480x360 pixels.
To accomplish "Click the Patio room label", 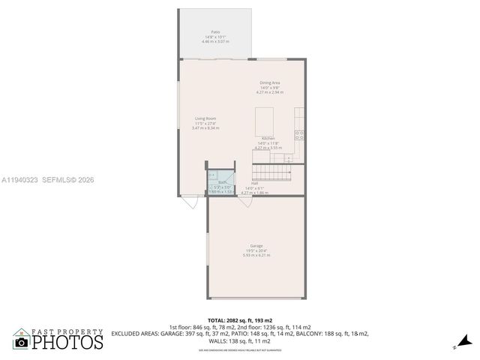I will pos(215,32).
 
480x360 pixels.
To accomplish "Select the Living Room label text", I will pos(205,118).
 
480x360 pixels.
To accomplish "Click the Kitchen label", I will pos(268,139).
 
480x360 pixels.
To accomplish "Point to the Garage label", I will pos(256,246).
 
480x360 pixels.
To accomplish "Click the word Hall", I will pos(255,183).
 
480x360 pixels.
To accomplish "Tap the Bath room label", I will pos(222,182).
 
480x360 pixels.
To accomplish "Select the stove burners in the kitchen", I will pos(300,135).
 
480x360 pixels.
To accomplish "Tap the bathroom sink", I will pos(212,175).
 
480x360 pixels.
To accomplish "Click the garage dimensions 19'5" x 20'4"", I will pos(256,250).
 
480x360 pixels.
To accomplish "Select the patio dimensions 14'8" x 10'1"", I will pos(215,37).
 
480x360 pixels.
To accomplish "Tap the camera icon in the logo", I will pos(21,342).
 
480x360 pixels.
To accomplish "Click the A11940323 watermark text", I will pos(21,180).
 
